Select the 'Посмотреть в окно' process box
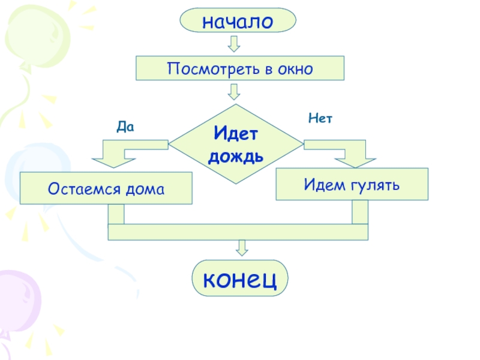coord(240,68)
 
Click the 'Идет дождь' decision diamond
coord(236,144)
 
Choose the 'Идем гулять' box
coord(352,183)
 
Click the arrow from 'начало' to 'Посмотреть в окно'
coord(234,44)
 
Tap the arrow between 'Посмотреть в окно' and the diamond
coord(234,91)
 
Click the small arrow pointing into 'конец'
coord(242,247)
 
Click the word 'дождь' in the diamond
coord(236,157)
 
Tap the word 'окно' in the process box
coord(295,69)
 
